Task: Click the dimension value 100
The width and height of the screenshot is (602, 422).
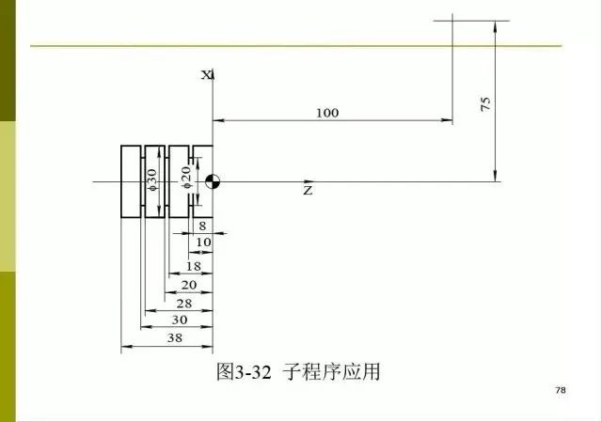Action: [327, 113]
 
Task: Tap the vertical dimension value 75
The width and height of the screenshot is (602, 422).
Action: [485, 104]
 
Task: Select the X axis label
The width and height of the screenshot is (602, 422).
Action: [207, 75]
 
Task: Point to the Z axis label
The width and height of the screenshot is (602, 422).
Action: [308, 190]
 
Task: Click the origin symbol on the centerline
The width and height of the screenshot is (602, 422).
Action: [213, 181]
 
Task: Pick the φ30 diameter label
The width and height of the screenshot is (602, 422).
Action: [152, 180]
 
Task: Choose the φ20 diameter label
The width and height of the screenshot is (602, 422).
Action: [186, 178]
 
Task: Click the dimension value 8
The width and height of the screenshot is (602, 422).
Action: [202, 226]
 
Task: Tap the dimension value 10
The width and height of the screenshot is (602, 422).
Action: [203, 242]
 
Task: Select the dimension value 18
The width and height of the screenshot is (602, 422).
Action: [194, 266]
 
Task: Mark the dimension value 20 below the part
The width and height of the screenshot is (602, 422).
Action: [189, 285]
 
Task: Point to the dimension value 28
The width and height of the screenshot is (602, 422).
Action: [184, 304]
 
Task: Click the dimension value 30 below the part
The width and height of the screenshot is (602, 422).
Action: [180, 320]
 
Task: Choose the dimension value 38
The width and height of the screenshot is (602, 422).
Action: [175, 338]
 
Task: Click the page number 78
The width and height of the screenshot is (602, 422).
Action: [561, 390]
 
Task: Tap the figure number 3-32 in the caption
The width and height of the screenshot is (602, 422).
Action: [253, 372]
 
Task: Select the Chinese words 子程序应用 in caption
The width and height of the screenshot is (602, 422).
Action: [331, 371]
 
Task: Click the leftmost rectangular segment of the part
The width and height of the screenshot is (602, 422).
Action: [131, 181]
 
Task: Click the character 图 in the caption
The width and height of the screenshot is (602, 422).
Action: [226, 371]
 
